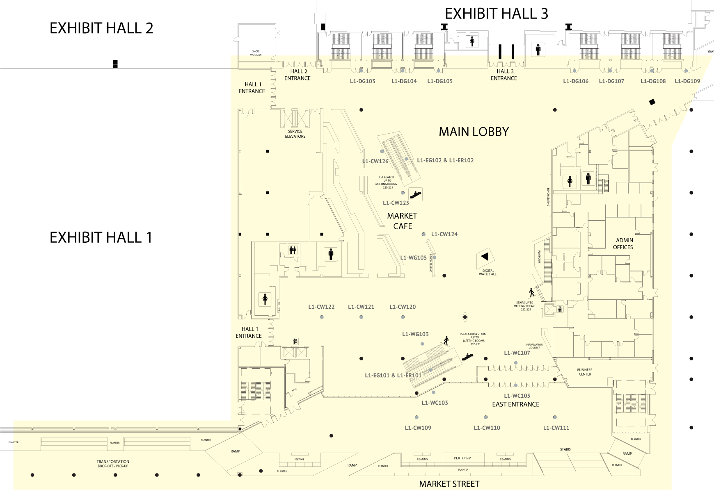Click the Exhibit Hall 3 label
click(496, 14)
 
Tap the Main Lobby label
click(474, 132)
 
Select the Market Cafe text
click(402, 221)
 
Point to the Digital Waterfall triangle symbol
click(485, 257)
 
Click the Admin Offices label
click(623, 244)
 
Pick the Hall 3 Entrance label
click(503, 75)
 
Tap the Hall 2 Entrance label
click(297, 75)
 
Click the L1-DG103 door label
click(362, 81)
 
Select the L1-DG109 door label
click(687, 81)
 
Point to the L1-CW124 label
click(444, 234)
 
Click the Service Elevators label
click(295, 134)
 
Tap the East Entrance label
click(515, 404)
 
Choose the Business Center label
click(585, 372)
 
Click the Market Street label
click(449, 484)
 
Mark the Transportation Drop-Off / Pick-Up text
click(113, 464)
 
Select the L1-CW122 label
click(321, 307)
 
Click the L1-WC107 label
click(517, 353)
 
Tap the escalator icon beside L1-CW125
click(416, 194)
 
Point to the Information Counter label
click(534, 346)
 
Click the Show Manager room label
click(255, 53)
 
